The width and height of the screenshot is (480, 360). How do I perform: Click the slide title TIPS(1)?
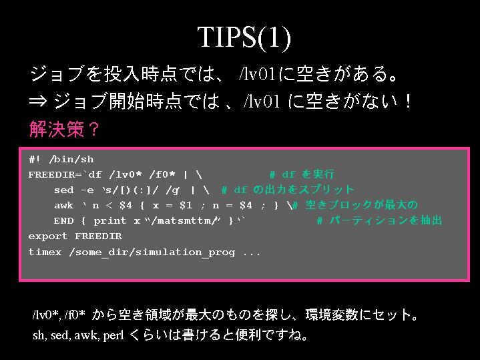click(244, 37)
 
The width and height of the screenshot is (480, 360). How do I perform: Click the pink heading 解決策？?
click(64, 129)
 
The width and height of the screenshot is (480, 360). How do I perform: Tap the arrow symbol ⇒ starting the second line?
click(38, 101)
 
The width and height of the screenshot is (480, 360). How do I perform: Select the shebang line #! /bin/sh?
click(61, 160)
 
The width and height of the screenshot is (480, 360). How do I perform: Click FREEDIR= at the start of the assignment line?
click(55, 174)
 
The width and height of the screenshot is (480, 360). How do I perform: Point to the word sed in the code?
click(63, 190)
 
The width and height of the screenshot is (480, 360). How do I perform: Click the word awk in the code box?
click(63, 205)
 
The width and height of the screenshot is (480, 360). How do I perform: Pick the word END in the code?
click(63, 220)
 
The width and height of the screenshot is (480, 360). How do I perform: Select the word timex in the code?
click(45, 252)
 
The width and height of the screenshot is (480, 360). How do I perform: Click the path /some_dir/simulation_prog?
click(152, 252)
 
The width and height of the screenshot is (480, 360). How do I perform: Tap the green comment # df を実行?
click(302, 174)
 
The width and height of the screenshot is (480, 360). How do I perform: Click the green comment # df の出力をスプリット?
click(288, 190)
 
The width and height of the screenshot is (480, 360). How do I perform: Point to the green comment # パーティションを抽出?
click(379, 220)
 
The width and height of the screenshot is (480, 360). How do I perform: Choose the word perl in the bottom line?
click(113, 335)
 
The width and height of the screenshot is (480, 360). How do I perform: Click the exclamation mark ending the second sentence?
click(407, 101)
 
